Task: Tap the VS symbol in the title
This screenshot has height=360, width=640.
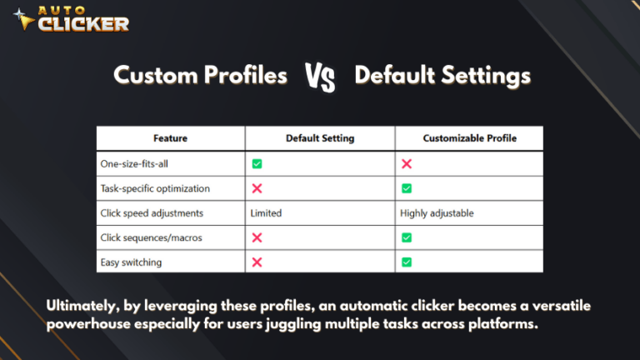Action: coord(320,77)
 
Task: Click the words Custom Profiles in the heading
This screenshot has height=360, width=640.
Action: coord(200,76)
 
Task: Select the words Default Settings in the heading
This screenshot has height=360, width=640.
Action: coord(442,76)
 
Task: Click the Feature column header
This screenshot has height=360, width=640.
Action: coord(170,138)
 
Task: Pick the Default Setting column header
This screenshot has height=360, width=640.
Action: coord(320,138)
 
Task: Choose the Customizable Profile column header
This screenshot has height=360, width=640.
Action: coord(469,138)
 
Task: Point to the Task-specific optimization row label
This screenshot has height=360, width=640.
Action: coord(154,188)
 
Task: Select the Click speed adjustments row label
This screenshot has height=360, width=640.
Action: coord(152,213)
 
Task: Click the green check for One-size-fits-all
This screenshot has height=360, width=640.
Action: coord(257,163)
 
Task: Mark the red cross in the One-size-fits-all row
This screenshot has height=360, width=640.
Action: coord(407,163)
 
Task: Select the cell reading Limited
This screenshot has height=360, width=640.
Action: coord(266,213)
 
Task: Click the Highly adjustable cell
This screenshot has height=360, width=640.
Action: coord(437,213)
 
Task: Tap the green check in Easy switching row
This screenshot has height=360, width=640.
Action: coord(407,262)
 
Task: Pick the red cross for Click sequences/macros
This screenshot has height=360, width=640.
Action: coord(257,237)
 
